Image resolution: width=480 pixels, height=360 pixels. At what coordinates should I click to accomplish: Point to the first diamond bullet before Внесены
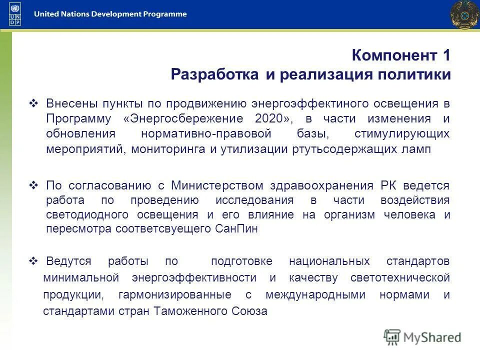34,103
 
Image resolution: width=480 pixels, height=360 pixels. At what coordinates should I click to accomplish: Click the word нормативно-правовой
206,134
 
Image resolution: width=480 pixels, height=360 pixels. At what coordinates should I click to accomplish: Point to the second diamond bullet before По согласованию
34,185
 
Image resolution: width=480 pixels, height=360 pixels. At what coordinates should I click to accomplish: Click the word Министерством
217,185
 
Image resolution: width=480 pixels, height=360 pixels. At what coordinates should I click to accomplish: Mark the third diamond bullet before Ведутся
34,261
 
